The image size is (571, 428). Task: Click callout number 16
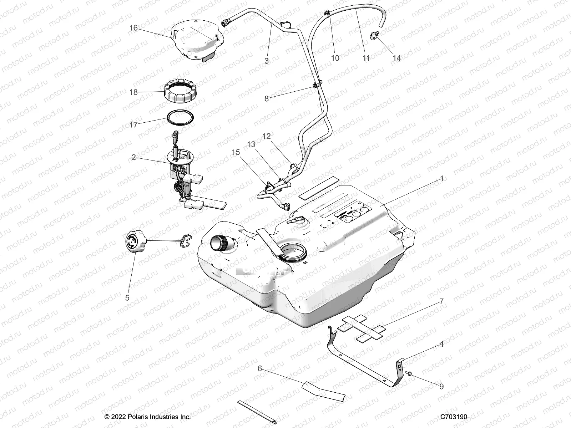133,28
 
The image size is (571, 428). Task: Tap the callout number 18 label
133,92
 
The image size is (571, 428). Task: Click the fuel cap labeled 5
135,243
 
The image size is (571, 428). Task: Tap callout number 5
127,297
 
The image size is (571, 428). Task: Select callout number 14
396,58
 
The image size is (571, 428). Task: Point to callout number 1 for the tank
441,178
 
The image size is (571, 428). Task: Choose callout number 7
441,301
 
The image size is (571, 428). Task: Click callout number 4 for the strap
441,344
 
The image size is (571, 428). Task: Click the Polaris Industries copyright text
147,417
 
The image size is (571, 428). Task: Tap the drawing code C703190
454,417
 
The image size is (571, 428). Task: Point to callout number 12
266,136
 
